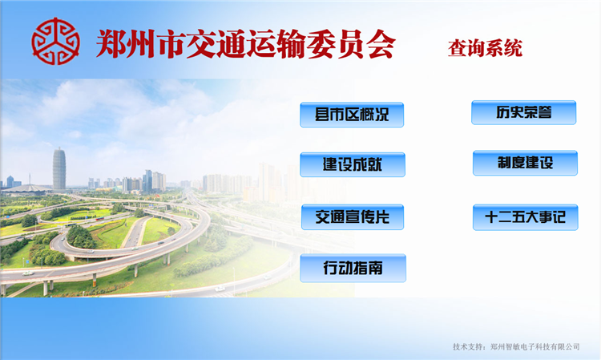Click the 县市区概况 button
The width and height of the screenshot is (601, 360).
click(352, 115)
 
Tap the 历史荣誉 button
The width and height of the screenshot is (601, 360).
click(523, 112)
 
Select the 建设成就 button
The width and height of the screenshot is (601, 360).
click(353, 164)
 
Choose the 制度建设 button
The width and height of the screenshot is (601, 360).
click(525, 163)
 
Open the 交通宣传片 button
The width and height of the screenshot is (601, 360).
click(353, 217)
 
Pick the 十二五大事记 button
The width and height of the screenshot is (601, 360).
click(526, 217)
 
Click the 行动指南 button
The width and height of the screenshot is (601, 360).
click(353, 268)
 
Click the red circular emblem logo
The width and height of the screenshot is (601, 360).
click(55, 41)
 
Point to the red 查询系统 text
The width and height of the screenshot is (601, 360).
click(485, 48)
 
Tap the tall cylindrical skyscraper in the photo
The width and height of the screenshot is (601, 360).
click(59, 168)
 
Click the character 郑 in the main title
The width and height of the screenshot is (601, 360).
click(111, 43)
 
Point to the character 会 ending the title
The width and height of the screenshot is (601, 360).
click(381, 44)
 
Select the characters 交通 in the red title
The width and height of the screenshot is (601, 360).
click(217, 44)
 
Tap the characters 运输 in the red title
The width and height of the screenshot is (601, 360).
click(277, 44)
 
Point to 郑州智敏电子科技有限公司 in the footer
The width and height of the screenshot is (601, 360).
click(535, 346)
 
